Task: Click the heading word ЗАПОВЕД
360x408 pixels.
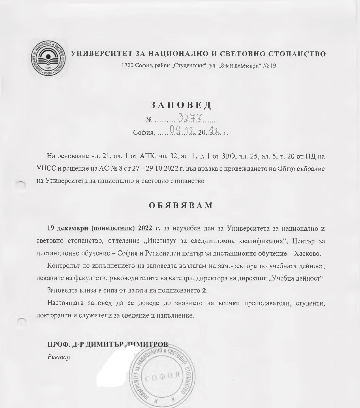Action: [x=181, y=105]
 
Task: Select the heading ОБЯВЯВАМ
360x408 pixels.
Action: [x=181, y=205]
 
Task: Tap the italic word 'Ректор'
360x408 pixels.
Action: [x=59, y=357]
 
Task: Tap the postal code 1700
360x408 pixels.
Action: [x=127, y=66]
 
